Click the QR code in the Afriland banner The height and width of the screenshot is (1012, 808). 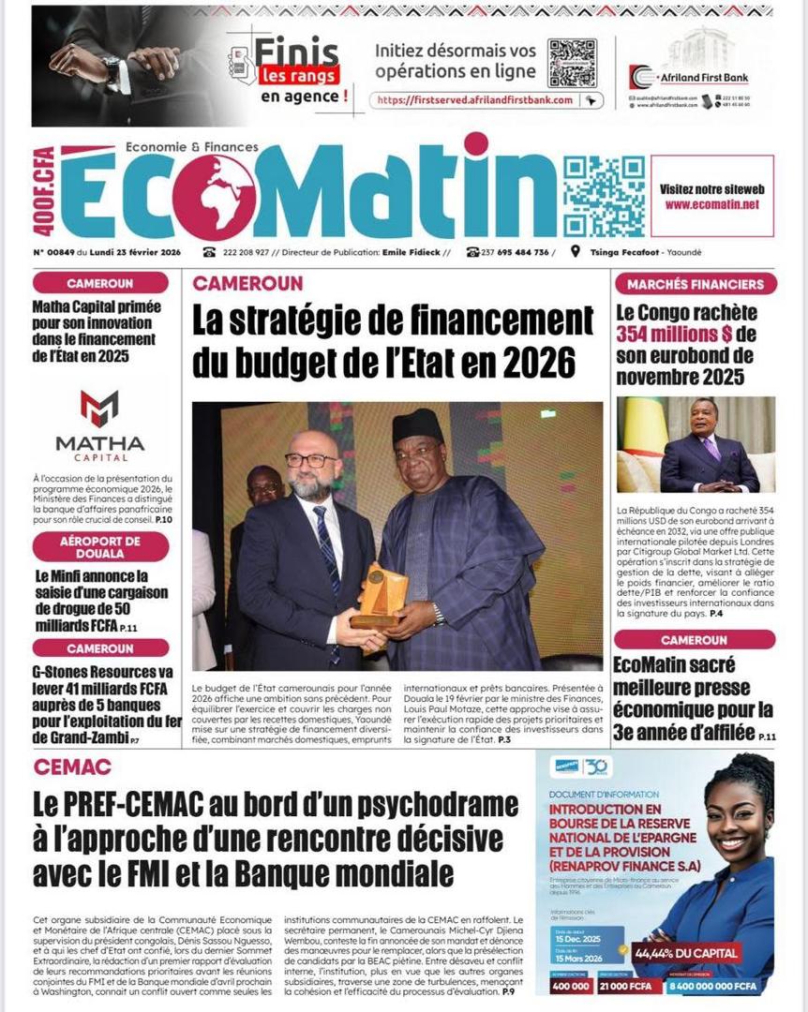click(x=572, y=63)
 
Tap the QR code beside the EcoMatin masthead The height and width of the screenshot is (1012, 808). click(x=604, y=197)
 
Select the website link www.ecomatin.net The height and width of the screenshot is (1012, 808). click(x=711, y=203)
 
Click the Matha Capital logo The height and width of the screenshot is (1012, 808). click(x=99, y=422)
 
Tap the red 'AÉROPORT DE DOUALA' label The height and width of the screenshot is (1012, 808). click(x=100, y=546)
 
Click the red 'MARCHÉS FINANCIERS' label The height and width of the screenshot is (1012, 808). click(x=696, y=283)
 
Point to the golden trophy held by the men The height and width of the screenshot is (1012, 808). click(x=382, y=595)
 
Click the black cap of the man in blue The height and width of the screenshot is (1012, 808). click(x=418, y=426)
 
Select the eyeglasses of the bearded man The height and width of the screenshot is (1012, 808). click(x=310, y=461)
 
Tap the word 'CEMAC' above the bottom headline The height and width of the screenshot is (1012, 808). click(x=72, y=766)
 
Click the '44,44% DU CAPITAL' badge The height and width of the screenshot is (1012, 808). click(x=686, y=953)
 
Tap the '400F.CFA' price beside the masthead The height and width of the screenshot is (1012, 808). click(x=44, y=191)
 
